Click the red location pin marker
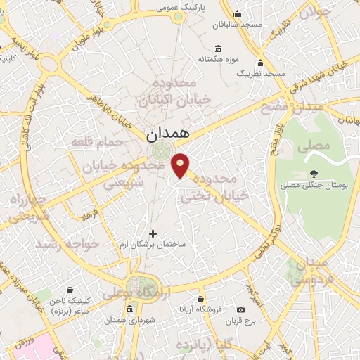181,165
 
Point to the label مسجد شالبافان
238,25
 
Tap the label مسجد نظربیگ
260,73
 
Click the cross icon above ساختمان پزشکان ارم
153,233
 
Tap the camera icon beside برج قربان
240,309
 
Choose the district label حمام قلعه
96,143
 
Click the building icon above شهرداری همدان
129,309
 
